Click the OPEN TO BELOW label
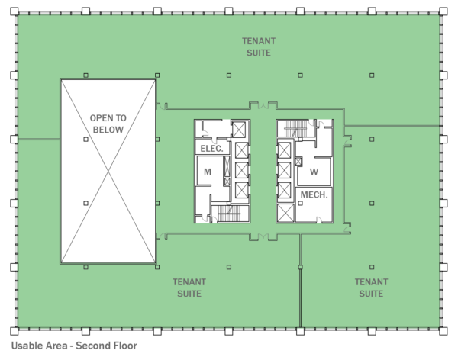click(108, 124)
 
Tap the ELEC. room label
click(211, 148)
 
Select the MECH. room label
click(314, 195)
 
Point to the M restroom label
click(207, 172)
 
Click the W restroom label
click(314, 172)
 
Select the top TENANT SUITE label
click(259, 47)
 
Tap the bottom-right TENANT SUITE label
click(371, 288)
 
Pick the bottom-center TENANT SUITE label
click(188, 288)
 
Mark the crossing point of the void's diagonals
click(108, 172)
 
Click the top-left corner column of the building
click(14, 11)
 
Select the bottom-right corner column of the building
click(443, 331)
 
